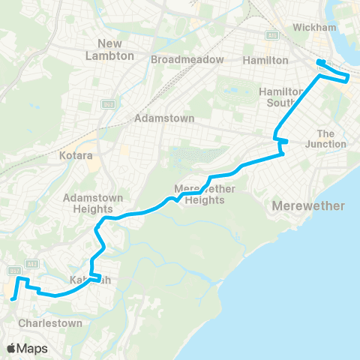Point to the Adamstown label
click(164, 118)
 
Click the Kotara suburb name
click(75, 158)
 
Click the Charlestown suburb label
click(50, 322)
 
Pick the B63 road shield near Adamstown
click(109, 104)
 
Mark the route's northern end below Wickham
click(320, 62)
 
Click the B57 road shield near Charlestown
click(13, 270)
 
